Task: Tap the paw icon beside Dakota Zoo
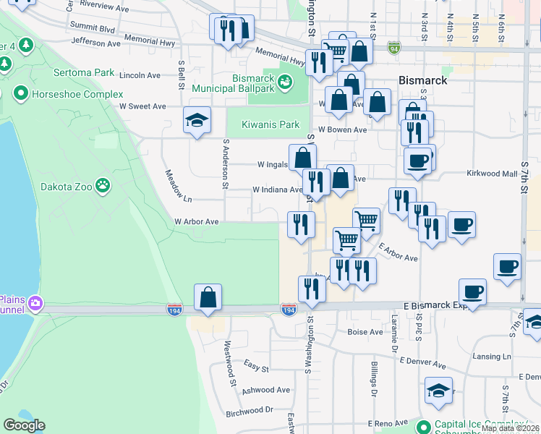pyautogui.click(x=105, y=186)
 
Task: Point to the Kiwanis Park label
pyautogui.click(x=270, y=124)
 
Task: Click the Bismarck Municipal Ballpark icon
pyautogui.click(x=286, y=82)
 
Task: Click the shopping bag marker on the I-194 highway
pyautogui.click(x=208, y=297)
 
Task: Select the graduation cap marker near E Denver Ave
pyautogui.click(x=438, y=391)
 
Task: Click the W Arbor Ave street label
pyautogui.click(x=196, y=221)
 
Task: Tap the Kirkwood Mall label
pyautogui.click(x=492, y=174)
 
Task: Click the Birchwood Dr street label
pyautogui.click(x=249, y=410)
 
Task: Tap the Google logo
pyautogui.click(x=25, y=425)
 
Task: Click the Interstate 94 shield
pyautogui.click(x=393, y=48)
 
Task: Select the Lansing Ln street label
pyautogui.click(x=493, y=357)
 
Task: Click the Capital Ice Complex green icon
pyautogui.click(x=423, y=425)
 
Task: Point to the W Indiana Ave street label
pyautogui.click(x=277, y=190)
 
